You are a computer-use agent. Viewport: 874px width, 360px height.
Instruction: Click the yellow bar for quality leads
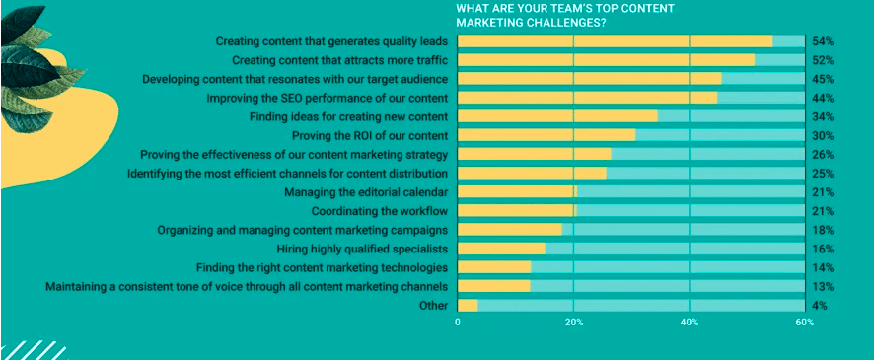tap(615, 41)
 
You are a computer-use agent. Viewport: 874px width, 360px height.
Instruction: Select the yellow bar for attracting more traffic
tap(606, 60)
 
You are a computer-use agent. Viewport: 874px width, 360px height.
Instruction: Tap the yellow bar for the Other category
tap(468, 305)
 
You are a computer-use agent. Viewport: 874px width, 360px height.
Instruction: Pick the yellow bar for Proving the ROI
tap(546, 135)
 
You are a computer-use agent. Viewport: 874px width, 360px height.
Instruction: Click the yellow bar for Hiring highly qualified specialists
tap(501, 249)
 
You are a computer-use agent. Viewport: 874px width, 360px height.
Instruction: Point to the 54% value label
tap(823, 41)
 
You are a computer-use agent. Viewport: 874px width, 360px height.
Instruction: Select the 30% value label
tap(823, 135)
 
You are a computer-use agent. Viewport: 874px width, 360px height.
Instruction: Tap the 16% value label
tap(823, 249)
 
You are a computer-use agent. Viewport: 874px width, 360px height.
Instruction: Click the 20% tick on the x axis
tap(574, 323)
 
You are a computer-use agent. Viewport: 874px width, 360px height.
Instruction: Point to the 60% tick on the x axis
tap(805, 323)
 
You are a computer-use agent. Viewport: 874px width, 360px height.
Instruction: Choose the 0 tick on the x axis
tap(458, 323)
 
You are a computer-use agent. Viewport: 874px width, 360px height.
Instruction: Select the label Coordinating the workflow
tap(380, 211)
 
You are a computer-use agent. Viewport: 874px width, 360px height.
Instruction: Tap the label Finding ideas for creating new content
tap(349, 116)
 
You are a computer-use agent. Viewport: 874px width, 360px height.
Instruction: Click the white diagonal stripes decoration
tap(30, 349)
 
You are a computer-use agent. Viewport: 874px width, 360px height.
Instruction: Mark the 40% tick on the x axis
tap(690, 323)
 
